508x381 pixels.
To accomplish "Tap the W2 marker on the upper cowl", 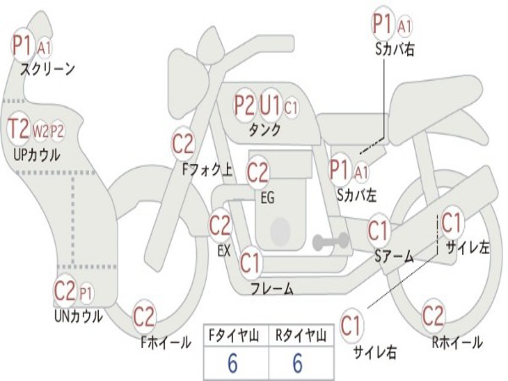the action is (x=40, y=131).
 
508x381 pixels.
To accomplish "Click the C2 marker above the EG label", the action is (x=258, y=172).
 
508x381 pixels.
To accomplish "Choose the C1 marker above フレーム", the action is (x=251, y=263).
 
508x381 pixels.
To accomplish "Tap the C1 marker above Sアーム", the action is (x=378, y=231).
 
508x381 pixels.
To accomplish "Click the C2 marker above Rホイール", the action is (x=433, y=315).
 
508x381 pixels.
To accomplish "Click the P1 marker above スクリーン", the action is (x=22, y=45).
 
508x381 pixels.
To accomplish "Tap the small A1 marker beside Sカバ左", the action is (x=361, y=172).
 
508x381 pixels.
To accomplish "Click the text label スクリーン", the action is (x=48, y=69).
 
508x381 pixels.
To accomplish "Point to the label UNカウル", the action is (x=78, y=316).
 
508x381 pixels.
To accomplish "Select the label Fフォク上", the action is (x=207, y=170).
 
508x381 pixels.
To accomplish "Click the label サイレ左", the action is (x=467, y=248).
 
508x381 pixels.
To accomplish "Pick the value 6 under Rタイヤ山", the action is (x=298, y=363).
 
